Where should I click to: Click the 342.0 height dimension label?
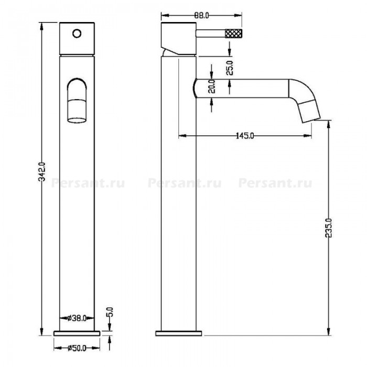[x=42, y=172]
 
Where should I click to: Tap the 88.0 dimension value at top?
[x=201, y=15]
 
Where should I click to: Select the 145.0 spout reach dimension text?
[x=245, y=136]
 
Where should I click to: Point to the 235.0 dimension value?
[x=329, y=228]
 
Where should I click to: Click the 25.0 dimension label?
[x=230, y=68]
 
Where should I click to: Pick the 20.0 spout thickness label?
[x=212, y=87]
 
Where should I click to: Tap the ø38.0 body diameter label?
[x=77, y=318]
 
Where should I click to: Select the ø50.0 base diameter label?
[x=77, y=348]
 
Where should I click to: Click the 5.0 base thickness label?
[x=110, y=312]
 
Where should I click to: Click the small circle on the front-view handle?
[x=77, y=34]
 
